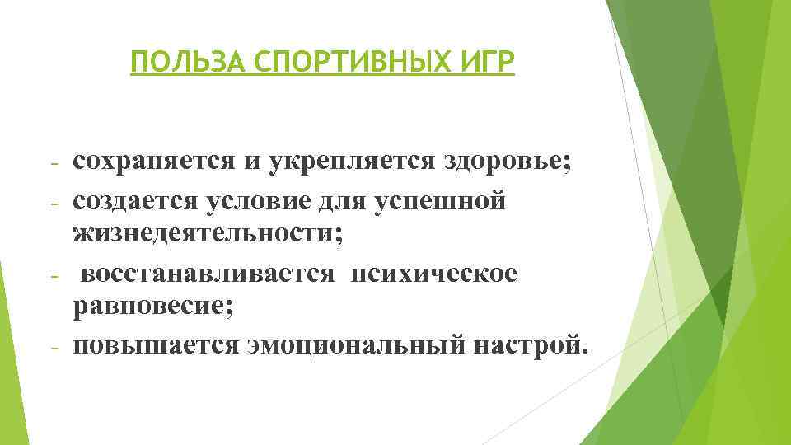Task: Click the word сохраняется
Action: coord(153,161)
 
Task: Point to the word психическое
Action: coord(433,273)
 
